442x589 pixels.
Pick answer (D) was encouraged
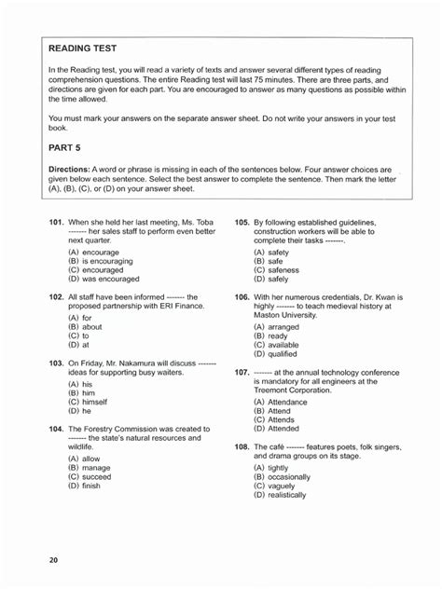[104, 278]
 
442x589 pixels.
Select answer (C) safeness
[276, 269]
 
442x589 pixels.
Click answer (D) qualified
[277, 353]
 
